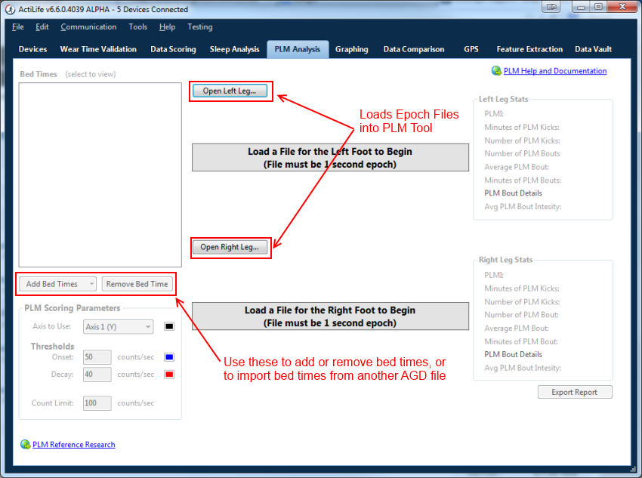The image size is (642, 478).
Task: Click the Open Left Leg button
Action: click(230, 91)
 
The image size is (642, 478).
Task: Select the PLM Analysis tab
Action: click(298, 49)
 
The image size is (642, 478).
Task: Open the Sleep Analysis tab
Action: click(234, 49)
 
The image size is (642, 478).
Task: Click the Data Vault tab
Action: click(593, 49)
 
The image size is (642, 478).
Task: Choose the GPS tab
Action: click(471, 49)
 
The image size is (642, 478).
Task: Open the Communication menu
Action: click(88, 26)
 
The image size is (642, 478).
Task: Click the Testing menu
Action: click(199, 26)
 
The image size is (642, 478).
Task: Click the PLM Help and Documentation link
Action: click(554, 71)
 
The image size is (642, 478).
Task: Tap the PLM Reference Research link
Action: click(73, 445)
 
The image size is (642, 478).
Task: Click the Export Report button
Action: click(575, 392)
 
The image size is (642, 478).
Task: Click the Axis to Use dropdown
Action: click(119, 327)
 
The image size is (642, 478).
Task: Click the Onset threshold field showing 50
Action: click(97, 357)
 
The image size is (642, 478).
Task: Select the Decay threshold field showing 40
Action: click(97, 375)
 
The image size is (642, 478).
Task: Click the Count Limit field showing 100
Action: click(97, 403)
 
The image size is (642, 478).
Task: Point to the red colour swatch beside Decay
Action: click(169, 375)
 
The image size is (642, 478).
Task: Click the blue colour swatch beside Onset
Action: click(169, 357)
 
